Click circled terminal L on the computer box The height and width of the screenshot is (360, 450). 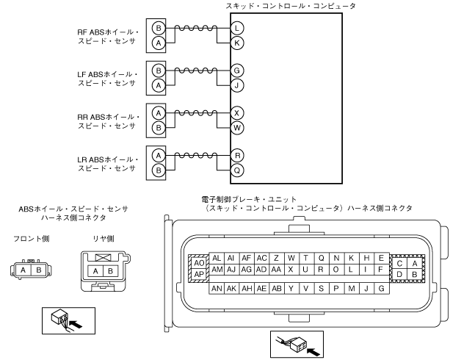(x=236, y=28)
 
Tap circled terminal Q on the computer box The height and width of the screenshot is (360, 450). (x=236, y=168)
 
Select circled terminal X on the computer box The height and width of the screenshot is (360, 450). (x=236, y=112)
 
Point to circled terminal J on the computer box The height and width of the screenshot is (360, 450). (x=236, y=84)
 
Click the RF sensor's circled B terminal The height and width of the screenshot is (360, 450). (x=158, y=28)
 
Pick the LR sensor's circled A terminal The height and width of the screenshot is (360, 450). (x=158, y=154)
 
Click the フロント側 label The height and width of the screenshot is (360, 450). (x=29, y=238)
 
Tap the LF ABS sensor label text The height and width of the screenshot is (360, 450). (x=107, y=80)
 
